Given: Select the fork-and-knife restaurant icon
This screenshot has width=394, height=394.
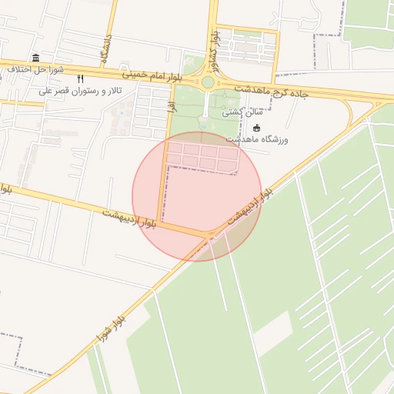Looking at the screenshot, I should pyautogui.click(x=81, y=78).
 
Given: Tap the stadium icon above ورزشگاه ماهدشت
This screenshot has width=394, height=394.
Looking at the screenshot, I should pyautogui.click(x=256, y=128).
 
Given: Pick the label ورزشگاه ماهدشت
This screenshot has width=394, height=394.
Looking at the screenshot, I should pyautogui.click(x=257, y=139).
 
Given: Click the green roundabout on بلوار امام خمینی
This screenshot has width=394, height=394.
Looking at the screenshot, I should pyautogui.click(x=207, y=82).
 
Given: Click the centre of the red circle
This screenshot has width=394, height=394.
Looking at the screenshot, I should pyautogui.click(x=197, y=196).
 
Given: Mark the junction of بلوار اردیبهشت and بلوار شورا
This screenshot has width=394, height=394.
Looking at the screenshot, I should pyautogui.click(x=212, y=233).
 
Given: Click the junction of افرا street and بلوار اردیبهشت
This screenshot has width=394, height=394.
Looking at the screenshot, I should pyautogui.click(x=160, y=221).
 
